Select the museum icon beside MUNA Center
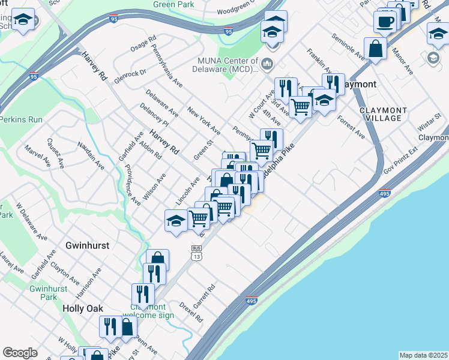click(x=267, y=63)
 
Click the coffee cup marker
click(x=385, y=22)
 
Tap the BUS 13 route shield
click(x=196, y=253)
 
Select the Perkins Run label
click(x=21, y=119)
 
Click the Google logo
click(x=20, y=352)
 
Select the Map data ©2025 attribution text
click(x=423, y=355)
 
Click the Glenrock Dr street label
click(x=131, y=73)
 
